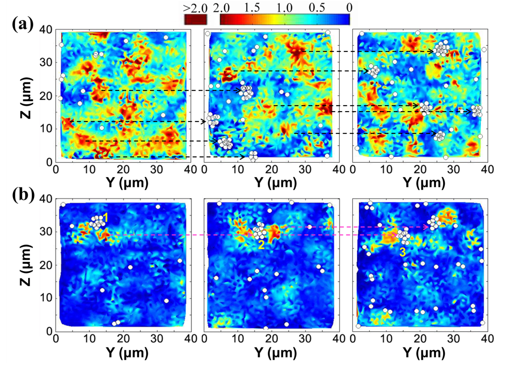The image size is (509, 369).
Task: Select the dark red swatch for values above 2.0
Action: tap(195, 19)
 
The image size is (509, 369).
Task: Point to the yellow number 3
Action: tap(402, 253)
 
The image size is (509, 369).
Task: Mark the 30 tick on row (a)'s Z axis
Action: tap(47, 63)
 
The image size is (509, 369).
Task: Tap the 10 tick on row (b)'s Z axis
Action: tap(47, 298)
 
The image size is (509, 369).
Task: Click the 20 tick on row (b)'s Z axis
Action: tap(47, 265)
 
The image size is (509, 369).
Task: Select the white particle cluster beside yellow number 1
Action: tap(96, 222)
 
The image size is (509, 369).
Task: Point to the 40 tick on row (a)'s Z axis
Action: tap(47, 29)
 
